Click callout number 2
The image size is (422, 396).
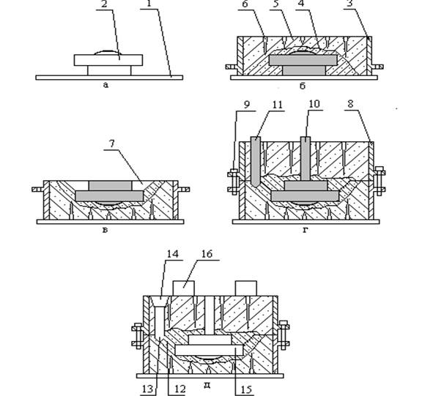pyautogui.click(x=104, y=4)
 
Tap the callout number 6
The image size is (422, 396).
pyautogui.click(x=245, y=4)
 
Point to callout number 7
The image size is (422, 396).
pyautogui.click(x=111, y=143)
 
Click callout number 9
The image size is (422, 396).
pyautogui.click(x=247, y=105)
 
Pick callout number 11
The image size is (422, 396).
pyautogui.click(x=277, y=105)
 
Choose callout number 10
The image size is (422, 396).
pyautogui.click(x=314, y=104)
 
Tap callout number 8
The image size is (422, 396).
pyautogui.click(x=350, y=105)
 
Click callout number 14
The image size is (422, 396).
pyautogui.click(x=172, y=254)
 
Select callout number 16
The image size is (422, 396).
pyautogui.click(x=207, y=254)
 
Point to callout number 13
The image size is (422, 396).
pyautogui.click(x=148, y=389)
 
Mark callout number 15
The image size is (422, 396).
pyautogui.click(x=246, y=389)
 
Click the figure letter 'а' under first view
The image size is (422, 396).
pyautogui.click(x=105, y=85)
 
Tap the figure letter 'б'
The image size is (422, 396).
pyautogui.click(x=303, y=86)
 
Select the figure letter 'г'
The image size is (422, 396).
pyautogui.click(x=306, y=230)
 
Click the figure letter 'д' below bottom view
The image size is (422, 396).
pyautogui.click(x=207, y=385)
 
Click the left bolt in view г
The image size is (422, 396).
pyautogui.click(x=234, y=182)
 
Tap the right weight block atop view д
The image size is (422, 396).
pyautogui.click(x=246, y=288)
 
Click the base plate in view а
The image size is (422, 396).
pyautogui.click(x=109, y=78)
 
